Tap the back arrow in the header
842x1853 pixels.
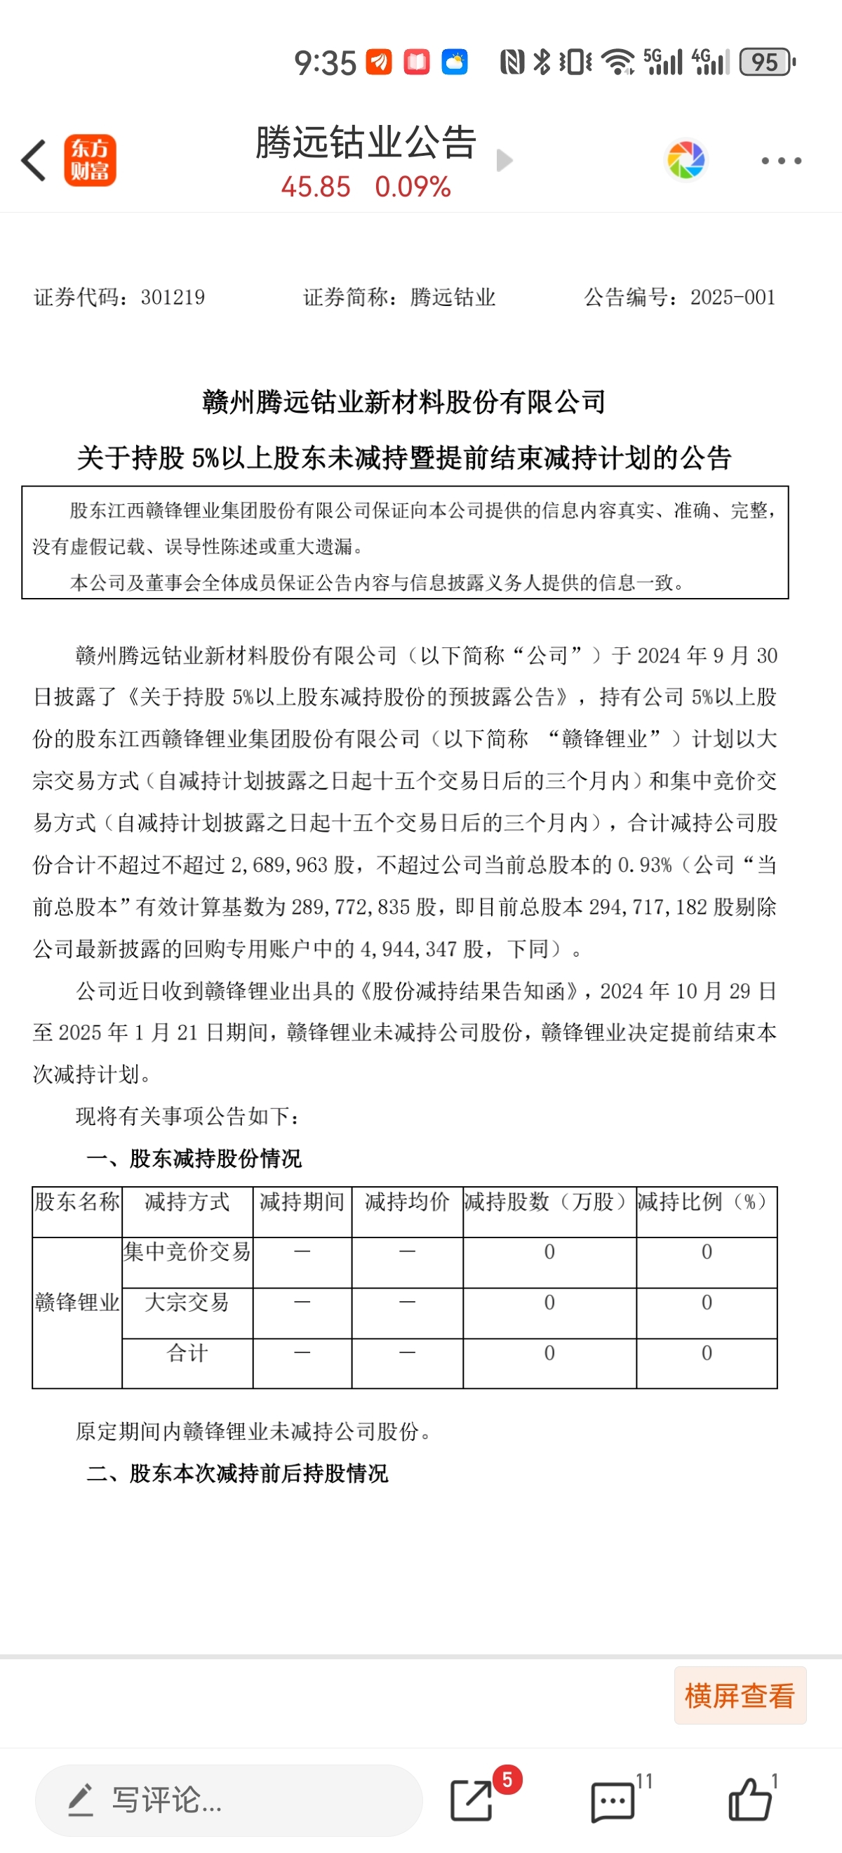(34, 161)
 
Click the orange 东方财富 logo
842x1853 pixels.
(90, 161)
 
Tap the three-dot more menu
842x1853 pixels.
(781, 161)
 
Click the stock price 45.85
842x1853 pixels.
(316, 187)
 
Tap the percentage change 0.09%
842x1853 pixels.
(413, 187)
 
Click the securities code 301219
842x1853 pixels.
(173, 297)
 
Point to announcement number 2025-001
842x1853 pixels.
(732, 297)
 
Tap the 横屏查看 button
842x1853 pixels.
(739, 1696)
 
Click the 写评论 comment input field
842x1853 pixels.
(229, 1800)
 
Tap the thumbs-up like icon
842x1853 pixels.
(750, 1800)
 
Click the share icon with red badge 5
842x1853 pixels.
(472, 1800)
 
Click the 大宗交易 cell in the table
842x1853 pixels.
(187, 1302)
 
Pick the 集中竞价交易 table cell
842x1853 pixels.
(187, 1251)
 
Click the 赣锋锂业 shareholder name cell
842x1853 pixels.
(77, 1302)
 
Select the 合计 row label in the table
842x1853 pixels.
(187, 1353)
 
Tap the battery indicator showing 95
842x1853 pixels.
(766, 62)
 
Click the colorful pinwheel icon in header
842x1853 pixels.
(686, 160)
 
